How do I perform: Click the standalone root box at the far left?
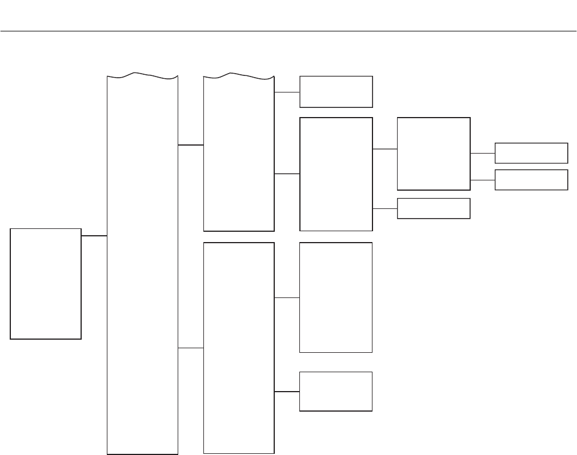pyautogui.click(x=46, y=284)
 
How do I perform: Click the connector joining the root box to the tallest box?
pyautogui.click(x=94, y=235)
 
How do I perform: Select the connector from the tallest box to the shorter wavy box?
pyautogui.click(x=191, y=145)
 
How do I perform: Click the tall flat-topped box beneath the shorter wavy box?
pyautogui.click(x=239, y=348)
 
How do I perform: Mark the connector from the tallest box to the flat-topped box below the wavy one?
pyautogui.click(x=191, y=348)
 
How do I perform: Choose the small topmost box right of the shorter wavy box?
pyautogui.click(x=336, y=91)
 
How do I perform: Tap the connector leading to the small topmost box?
pyautogui.click(x=287, y=92)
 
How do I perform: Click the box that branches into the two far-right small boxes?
pyautogui.click(x=434, y=154)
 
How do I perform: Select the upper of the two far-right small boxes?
pyautogui.click(x=531, y=153)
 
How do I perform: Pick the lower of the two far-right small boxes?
pyautogui.click(x=531, y=180)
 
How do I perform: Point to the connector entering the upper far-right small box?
pyautogui.click(x=483, y=153)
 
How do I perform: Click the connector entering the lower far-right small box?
pyautogui.click(x=483, y=180)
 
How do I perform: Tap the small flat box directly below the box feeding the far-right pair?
pyautogui.click(x=434, y=208)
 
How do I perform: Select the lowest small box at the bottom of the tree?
pyautogui.click(x=336, y=391)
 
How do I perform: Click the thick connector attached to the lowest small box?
pyautogui.click(x=287, y=392)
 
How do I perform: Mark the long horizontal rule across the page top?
pyautogui.click(x=288, y=31)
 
